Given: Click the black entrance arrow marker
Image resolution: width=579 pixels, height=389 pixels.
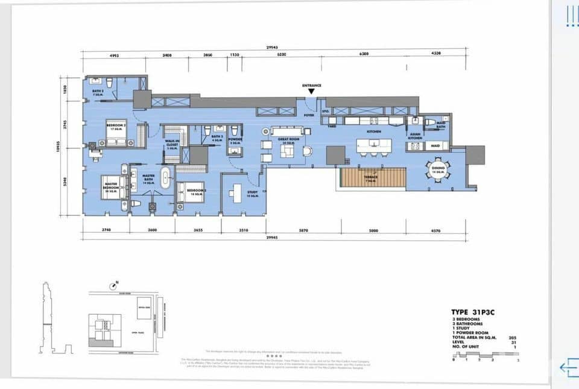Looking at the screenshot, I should click(x=311, y=92).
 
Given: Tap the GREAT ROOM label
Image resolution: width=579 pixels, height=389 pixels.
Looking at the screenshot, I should click(x=286, y=140).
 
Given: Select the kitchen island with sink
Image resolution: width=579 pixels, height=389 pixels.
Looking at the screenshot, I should click(x=373, y=145).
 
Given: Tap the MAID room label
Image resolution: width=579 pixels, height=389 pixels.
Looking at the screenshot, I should click(x=435, y=146).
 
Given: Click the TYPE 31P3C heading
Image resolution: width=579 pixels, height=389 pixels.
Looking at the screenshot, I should click(x=475, y=312).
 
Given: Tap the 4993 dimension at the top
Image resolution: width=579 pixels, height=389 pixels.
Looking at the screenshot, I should click(x=114, y=54).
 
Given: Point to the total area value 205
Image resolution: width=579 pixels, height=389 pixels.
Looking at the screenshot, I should click(x=513, y=337).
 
